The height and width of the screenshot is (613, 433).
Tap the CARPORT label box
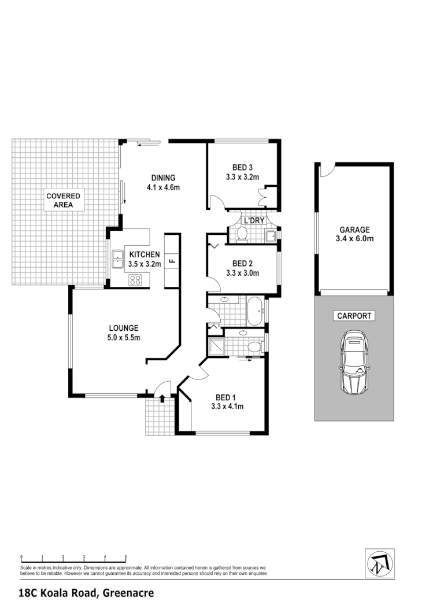(x=354, y=316)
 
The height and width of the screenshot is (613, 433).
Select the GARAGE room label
(x=354, y=230)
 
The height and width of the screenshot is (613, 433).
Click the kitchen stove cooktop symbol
(x=136, y=280)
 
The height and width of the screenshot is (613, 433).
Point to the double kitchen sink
(x=117, y=259)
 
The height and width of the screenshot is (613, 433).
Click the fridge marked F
(x=172, y=261)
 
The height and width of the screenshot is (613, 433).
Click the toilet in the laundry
(x=241, y=234)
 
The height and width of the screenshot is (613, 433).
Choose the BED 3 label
(x=242, y=168)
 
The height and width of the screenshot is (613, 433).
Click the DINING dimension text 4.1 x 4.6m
(x=163, y=187)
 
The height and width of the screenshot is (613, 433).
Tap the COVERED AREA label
(x=64, y=200)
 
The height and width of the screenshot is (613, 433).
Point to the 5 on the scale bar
(x=126, y=557)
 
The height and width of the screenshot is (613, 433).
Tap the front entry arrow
(x=162, y=398)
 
